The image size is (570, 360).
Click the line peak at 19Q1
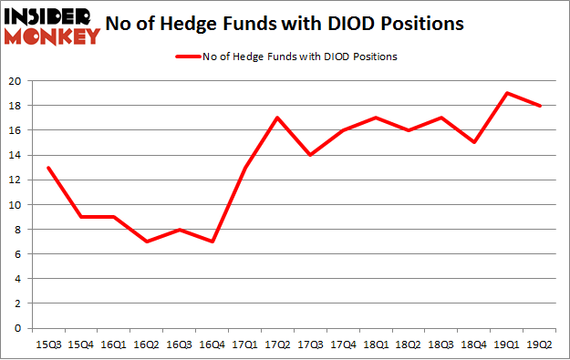click(507, 93)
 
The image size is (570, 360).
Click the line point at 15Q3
click(47, 168)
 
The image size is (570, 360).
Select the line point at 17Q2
click(277, 118)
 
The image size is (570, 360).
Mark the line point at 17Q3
click(310, 155)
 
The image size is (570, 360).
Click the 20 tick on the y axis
click(16, 81)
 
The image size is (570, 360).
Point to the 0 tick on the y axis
click(19, 328)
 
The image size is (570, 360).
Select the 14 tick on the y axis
click(16, 155)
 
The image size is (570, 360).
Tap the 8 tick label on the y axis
click(19, 230)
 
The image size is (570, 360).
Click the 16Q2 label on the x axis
click(146, 345)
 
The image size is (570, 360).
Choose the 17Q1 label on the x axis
click(244, 345)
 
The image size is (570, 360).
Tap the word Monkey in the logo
click(53, 36)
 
